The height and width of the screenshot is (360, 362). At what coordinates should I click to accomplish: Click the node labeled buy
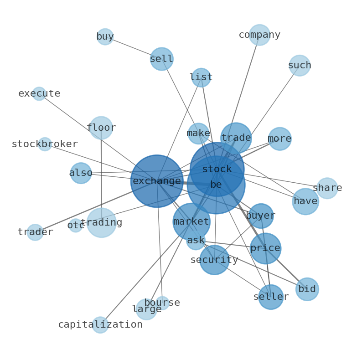click(105, 36)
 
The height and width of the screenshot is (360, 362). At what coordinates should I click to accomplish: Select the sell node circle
click(161, 59)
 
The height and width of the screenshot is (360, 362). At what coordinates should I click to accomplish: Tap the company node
click(259, 35)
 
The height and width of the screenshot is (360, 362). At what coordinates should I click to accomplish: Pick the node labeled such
click(300, 66)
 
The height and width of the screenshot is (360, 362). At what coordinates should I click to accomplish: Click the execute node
click(39, 93)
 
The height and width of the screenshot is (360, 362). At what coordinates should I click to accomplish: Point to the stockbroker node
click(45, 144)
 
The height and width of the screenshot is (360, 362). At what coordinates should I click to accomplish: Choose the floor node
click(101, 128)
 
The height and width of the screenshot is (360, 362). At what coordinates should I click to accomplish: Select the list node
click(201, 77)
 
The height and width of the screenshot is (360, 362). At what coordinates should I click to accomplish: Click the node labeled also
click(81, 173)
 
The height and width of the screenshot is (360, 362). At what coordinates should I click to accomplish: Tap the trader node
click(35, 232)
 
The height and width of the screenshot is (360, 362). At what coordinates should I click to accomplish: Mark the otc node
click(76, 225)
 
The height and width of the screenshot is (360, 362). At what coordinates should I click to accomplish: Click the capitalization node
click(100, 325)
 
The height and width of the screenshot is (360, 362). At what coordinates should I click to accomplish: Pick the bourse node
click(162, 303)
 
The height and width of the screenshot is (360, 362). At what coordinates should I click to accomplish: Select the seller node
click(271, 297)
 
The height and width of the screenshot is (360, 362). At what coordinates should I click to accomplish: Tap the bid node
click(307, 289)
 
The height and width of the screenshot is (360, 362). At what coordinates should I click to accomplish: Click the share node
click(327, 188)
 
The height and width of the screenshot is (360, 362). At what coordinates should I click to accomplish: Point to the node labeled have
click(305, 201)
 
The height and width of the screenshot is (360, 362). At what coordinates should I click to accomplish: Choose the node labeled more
click(279, 139)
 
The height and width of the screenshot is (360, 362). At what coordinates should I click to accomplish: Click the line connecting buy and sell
click(132, 47)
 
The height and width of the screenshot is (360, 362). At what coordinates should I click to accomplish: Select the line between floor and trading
click(101, 173)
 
